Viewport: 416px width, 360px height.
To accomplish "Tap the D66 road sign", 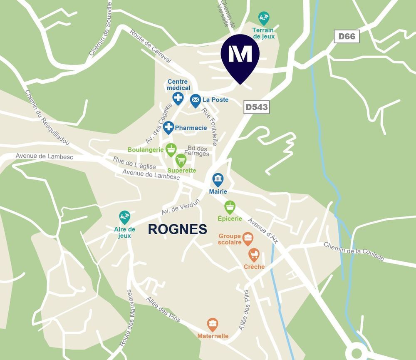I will coord(347,36).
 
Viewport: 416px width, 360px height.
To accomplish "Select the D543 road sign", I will coord(256,107).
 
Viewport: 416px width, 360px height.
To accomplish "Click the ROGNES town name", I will coord(178,229).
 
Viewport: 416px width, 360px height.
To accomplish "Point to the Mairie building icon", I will coord(218,180).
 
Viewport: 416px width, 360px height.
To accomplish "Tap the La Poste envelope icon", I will coord(196,100).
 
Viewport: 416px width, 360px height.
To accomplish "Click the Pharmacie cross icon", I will coord(168,127).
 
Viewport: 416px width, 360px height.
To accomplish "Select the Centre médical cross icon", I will coord(178,98).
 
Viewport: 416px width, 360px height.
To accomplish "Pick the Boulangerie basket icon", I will coord(171,149).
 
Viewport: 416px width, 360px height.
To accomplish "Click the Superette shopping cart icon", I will coord(181,160).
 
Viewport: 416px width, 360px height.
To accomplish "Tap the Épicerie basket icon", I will coord(230,206).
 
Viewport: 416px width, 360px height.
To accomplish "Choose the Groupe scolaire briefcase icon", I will coord(248,238).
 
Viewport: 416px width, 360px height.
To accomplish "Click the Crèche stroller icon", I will coord(254,254).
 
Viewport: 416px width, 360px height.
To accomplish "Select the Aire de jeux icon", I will coord(124,217).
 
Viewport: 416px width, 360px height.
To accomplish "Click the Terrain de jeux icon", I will coord(264,17).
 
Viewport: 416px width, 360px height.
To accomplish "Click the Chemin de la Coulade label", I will coord(354,251).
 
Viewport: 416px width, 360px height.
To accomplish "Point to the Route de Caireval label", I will coord(151,46).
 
